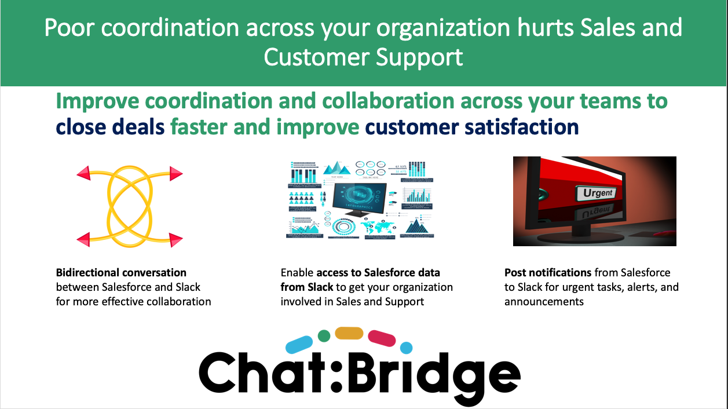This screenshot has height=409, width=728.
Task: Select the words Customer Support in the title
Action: click(364, 57)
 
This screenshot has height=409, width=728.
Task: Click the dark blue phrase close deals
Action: click(110, 126)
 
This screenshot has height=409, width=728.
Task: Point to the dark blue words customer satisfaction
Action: click(472, 126)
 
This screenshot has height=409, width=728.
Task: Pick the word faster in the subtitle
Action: click(204, 126)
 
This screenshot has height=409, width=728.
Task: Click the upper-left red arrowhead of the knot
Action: click(83, 172)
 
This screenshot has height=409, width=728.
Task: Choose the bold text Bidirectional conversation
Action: click(121, 272)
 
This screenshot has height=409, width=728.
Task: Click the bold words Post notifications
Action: click(547, 272)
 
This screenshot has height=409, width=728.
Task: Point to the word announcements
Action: click(544, 301)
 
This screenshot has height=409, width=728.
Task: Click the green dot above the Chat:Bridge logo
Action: click(324, 335)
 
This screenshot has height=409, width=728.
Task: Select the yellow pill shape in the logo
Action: click(349, 333)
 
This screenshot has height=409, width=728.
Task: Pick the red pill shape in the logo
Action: click(382, 337)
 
